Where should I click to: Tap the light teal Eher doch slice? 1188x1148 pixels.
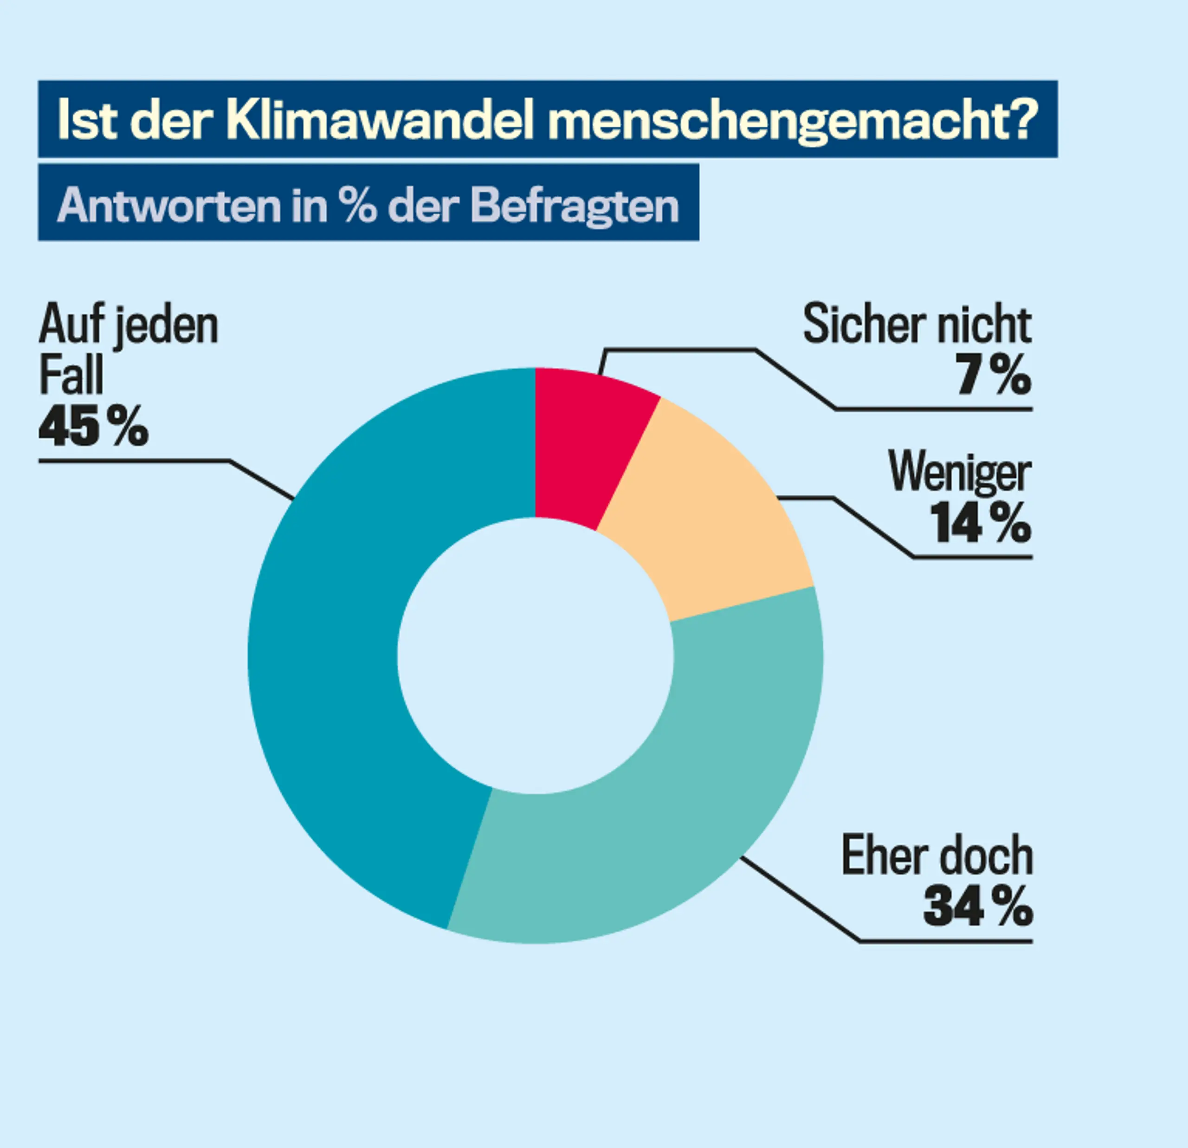(x=685, y=807)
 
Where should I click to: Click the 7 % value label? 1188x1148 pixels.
(x=994, y=375)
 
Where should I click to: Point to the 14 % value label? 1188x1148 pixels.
(x=981, y=523)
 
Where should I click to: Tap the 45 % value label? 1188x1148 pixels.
(x=93, y=426)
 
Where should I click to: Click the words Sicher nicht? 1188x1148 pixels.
(x=917, y=325)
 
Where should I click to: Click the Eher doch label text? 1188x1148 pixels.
(x=937, y=856)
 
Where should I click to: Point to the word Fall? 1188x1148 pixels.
(x=71, y=376)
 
